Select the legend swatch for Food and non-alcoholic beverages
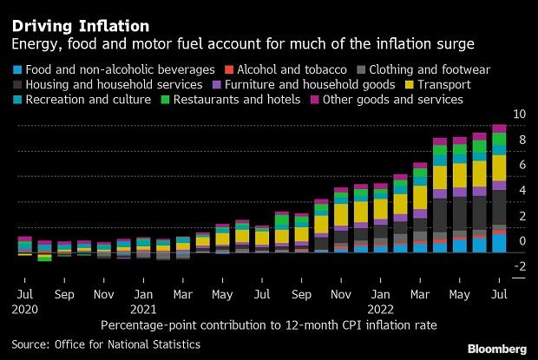tap(17, 69)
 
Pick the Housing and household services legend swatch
tap(17, 85)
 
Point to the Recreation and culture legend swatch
tap(17, 101)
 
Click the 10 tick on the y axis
tap(521, 115)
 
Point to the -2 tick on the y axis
tap(519, 266)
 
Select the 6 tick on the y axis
tap(521, 165)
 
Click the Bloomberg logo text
tap(497, 347)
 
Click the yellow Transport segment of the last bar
tap(499, 167)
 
